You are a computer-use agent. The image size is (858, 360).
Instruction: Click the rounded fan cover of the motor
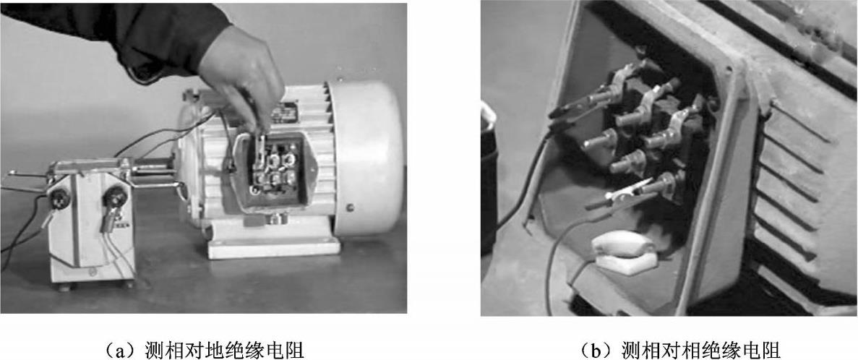pyautogui.click(x=368, y=158)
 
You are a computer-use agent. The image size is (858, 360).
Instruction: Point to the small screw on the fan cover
pyautogui.click(x=350, y=207)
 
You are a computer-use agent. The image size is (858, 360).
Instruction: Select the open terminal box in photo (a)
pyautogui.click(x=272, y=171)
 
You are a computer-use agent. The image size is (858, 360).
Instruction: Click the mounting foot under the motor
pyautogui.click(x=274, y=247)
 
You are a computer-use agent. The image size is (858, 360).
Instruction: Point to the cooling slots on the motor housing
pyautogui.click(x=788, y=181)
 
